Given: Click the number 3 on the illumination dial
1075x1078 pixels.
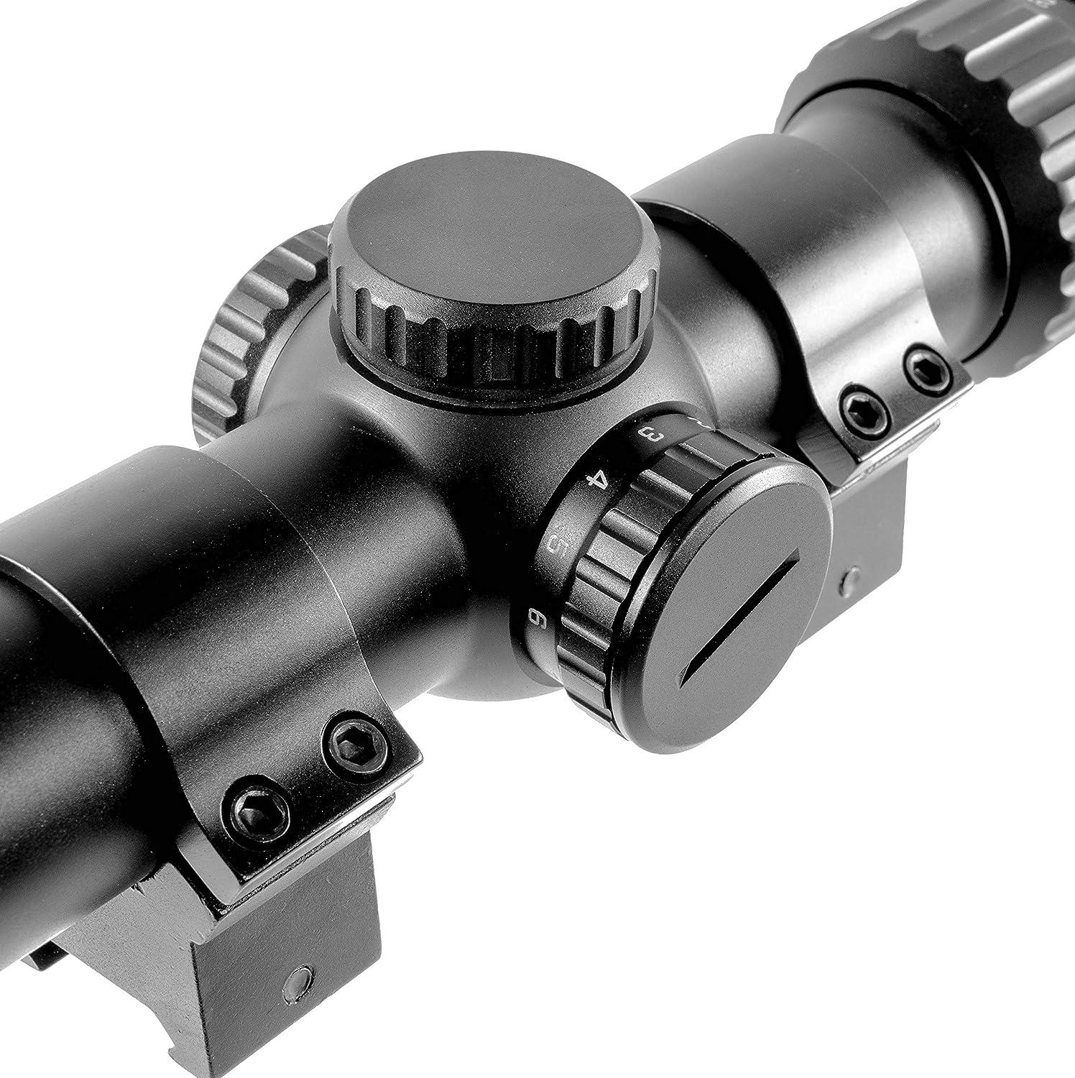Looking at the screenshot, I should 651,436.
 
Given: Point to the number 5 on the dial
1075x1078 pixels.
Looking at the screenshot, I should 555,543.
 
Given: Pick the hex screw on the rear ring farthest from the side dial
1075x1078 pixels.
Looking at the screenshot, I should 927,369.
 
